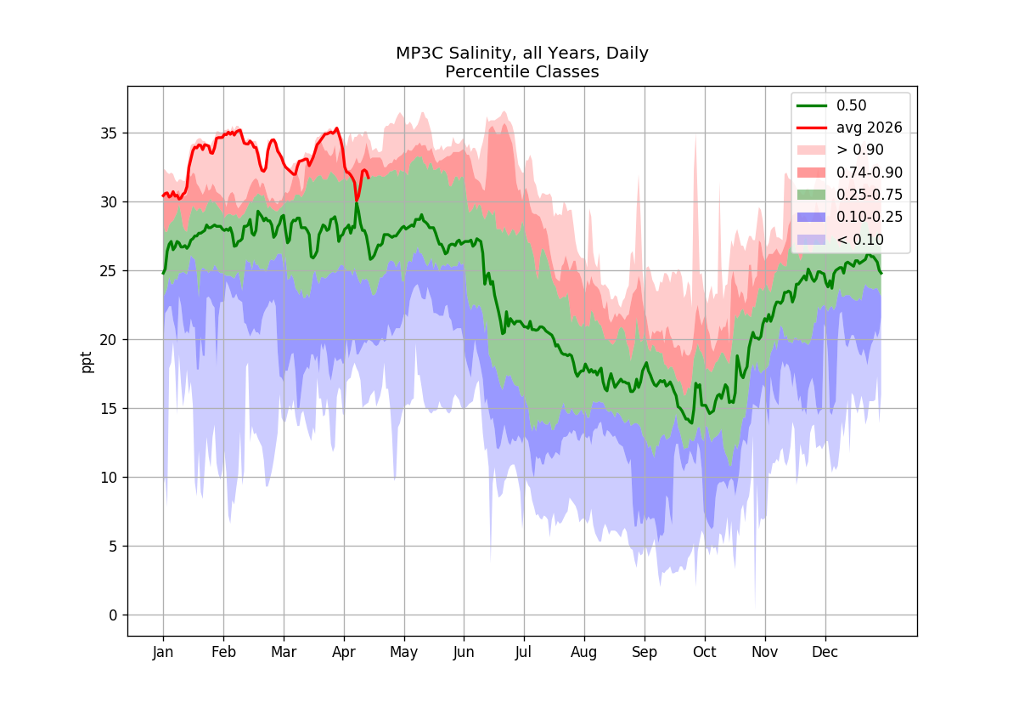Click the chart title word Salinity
click(483, 54)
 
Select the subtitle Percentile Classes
click(521, 72)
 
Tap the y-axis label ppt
click(86, 362)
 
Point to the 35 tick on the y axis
click(109, 133)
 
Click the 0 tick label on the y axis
click(113, 615)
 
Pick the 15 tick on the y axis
click(109, 409)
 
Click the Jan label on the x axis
click(163, 653)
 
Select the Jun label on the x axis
click(464, 653)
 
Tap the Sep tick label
click(645, 653)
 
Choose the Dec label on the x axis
click(825, 653)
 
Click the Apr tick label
click(343, 653)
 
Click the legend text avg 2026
click(869, 128)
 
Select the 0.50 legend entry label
click(851, 105)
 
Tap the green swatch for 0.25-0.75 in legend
click(811, 195)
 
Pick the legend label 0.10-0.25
click(870, 218)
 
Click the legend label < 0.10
click(859, 240)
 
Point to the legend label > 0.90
click(859, 150)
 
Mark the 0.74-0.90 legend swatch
click(811, 173)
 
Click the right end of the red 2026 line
click(368, 177)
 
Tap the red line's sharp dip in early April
click(357, 201)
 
